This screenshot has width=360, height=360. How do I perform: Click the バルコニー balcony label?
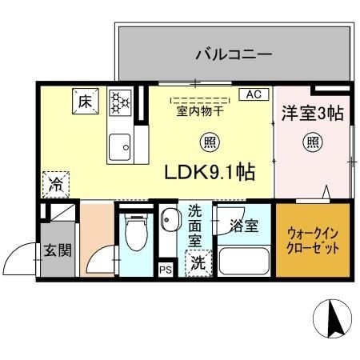(234, 55)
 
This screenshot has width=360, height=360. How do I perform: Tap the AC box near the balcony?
(254, 94)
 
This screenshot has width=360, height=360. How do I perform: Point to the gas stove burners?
(119, 102)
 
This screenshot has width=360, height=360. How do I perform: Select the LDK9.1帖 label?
(210, 172)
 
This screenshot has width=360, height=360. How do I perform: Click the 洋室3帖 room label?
(312, 114)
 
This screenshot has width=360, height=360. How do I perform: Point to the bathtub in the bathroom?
(242, 261)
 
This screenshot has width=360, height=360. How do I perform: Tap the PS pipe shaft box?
(166, 270)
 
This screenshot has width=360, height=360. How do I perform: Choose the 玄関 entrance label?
(57, 250)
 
